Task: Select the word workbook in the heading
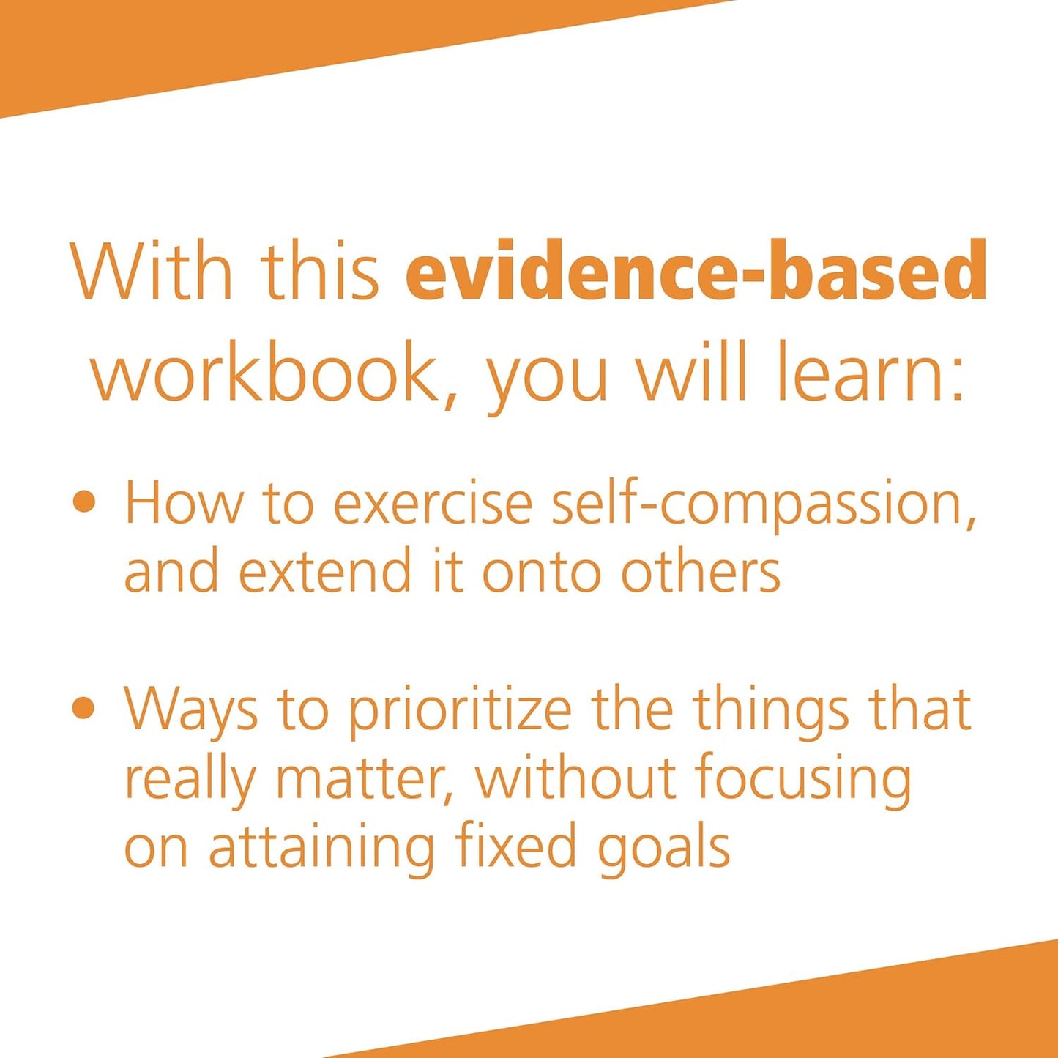pyautogui.click(x=264, y=373)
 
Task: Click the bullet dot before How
pyautogui.click(x=85, y=502)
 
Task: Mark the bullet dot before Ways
pyautogui.click(x=85, y=708)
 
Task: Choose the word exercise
pyautogui.click(x=433, y=504)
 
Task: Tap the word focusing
pyautogui.click(x=803, y=780)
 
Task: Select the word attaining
pyautogui.click(x=321, y=849)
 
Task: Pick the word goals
pyautogui.click(x=663, y=849)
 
